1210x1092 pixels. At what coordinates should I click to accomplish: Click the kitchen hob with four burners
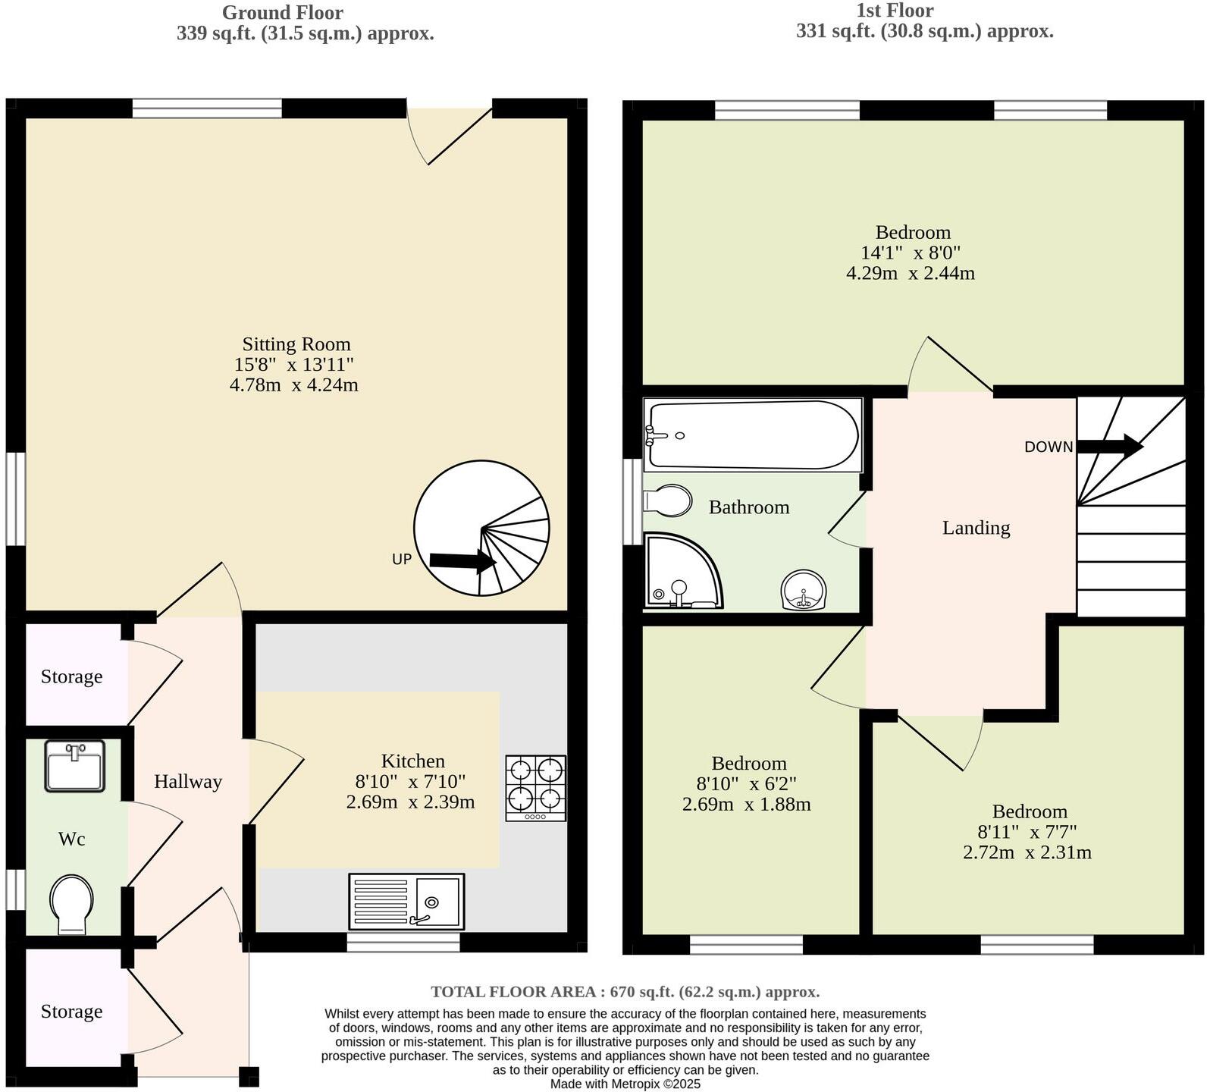(x=535, y=787)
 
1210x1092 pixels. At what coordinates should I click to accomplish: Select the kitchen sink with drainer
(x=406, y=901)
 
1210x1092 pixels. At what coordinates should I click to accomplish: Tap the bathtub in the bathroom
(x=752, y=435)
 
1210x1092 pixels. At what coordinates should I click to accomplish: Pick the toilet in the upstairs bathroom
(x=667, y=500)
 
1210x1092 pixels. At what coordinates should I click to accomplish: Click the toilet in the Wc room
(x=72, y=904)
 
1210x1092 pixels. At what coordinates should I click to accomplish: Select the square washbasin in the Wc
(x=74, y=766)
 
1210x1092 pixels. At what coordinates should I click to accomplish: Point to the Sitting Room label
(x=296, y=344)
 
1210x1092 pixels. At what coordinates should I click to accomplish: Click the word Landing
(x=976, y=528)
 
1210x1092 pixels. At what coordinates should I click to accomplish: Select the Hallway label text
(x=188, y=782)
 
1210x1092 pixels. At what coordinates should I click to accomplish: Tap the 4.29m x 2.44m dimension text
(x=910, y=273)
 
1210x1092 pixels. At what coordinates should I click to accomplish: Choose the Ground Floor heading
(x=282, y=12)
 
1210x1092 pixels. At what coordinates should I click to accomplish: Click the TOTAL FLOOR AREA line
(x=625, y=992)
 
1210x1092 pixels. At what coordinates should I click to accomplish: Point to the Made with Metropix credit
(x=625, y=1084)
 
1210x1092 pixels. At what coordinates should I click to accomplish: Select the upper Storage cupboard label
(x=71, y=676)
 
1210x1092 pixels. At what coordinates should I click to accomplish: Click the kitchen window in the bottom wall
(x=403, y=943)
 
